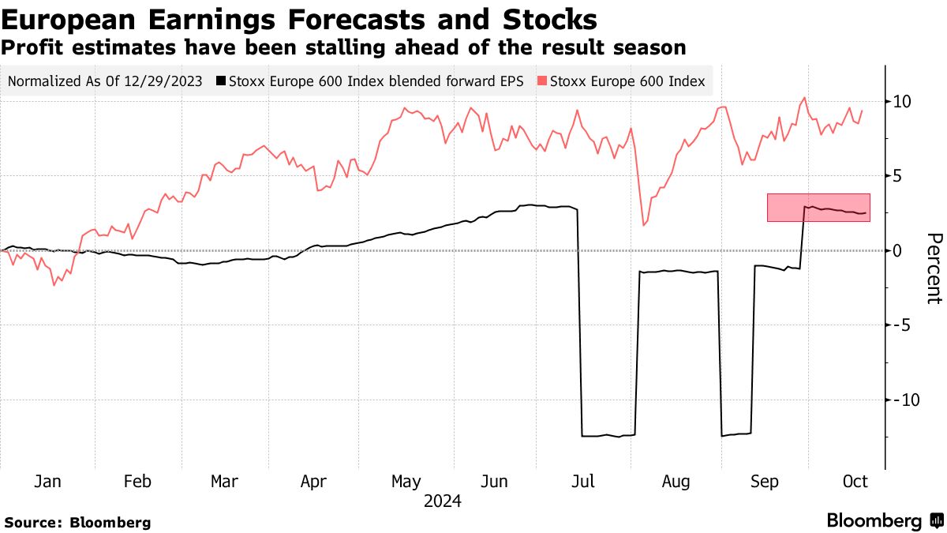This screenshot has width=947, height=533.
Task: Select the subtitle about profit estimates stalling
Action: tap(343, 47)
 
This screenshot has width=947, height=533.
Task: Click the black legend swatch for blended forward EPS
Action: tap(222, 81)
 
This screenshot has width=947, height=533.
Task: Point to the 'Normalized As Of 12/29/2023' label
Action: tap(105, 81)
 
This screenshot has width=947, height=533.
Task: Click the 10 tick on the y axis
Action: tap(902, 101)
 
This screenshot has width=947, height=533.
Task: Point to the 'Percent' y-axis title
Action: tap(934, 268)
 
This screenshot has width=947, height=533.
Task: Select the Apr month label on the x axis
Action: tap(314, 482)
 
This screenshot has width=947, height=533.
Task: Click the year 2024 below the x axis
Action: tap(443, 501)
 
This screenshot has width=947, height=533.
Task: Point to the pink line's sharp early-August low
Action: tap(644, 225)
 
